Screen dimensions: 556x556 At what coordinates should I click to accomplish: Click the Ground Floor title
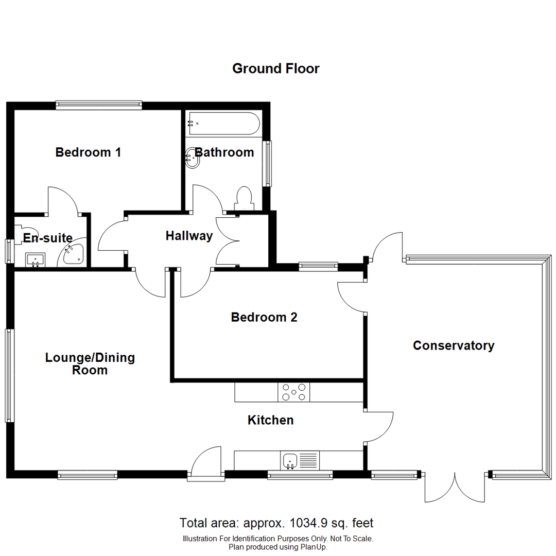pos(275,68)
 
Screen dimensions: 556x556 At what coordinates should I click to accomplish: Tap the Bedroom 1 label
pos(88,152)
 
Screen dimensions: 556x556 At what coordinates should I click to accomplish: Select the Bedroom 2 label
pos(264,318)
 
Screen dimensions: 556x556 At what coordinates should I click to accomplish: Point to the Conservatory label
pos(454,345)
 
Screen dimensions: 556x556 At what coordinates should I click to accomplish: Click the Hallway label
pos(189,236)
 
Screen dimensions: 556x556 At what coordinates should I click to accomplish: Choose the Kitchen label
pos(271,420)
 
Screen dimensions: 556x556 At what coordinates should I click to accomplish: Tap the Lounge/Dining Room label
pos(90,363)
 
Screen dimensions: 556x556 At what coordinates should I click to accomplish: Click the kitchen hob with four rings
pos(294,393)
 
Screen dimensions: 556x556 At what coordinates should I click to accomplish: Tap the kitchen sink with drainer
pos(300,460)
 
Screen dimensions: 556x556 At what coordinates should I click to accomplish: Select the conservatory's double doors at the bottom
pos(455,487)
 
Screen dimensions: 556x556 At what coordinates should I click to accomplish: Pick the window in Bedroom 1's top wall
pos(98,105)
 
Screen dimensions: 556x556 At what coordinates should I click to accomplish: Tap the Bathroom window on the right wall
pos(267,164)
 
